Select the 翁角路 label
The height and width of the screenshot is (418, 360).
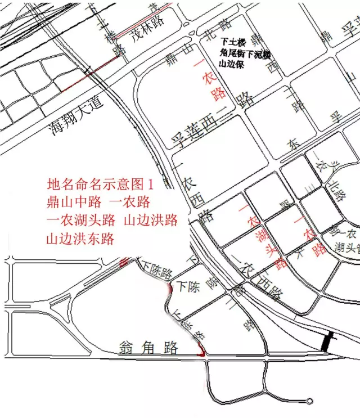coord(148,347)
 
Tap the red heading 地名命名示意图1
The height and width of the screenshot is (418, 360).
coord(101,184)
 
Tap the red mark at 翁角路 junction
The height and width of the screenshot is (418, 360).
coord(201,352)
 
